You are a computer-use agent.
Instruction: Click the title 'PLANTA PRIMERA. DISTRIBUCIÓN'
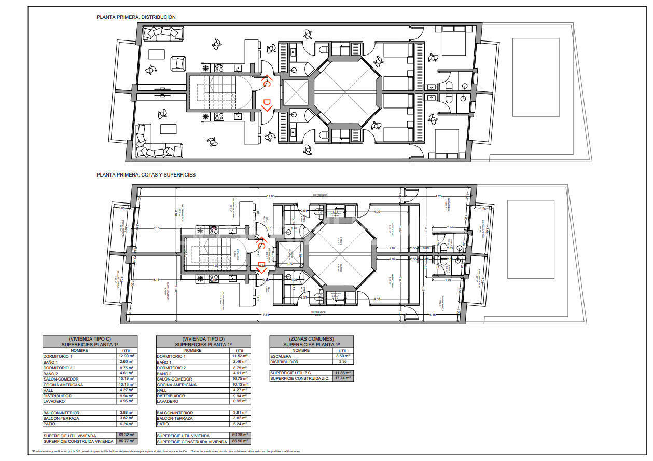136,17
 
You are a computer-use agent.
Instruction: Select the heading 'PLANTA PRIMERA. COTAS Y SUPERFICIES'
146,175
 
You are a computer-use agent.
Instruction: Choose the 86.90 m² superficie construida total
240,441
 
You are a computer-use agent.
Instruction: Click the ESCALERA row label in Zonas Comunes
281,356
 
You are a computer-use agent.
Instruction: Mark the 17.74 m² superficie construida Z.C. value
342,379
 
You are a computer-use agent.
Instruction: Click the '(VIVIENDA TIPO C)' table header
90,338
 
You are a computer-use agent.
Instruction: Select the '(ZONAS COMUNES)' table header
311,338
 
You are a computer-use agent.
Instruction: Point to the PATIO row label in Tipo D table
163,424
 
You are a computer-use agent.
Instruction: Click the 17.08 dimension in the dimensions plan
270,197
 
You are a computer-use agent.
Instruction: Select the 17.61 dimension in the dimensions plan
265,315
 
